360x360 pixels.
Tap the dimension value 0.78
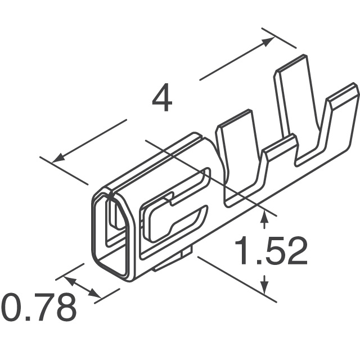point(38,308)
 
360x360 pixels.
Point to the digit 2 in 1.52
point(296,251)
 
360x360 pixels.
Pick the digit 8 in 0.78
point(64,308)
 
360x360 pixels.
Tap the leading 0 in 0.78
point(12,308)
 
